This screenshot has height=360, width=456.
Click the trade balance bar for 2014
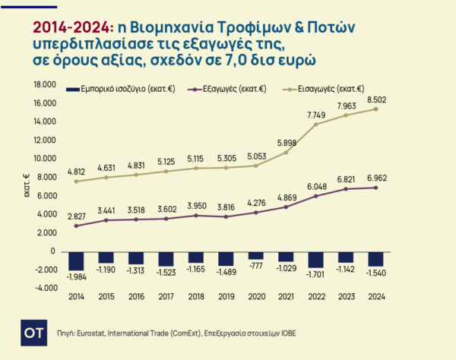coord(76,261)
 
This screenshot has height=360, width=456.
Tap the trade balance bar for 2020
coord(256,255)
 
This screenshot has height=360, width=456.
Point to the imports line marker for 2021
coord(284,153)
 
